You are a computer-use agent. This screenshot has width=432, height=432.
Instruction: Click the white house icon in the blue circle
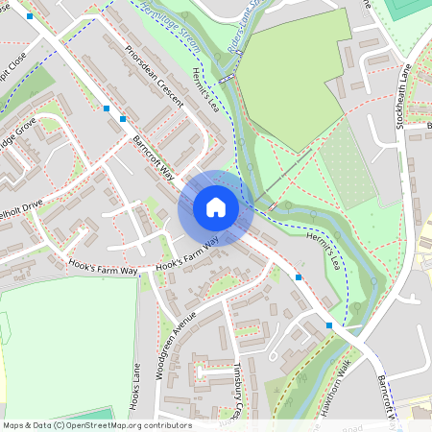coord(216,207)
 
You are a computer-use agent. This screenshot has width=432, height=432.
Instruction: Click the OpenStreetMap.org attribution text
coord(96,425)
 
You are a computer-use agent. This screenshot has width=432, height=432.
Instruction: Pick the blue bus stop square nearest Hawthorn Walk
coord(329,325)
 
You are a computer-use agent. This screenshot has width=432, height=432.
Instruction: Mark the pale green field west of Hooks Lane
coord(67,346)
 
